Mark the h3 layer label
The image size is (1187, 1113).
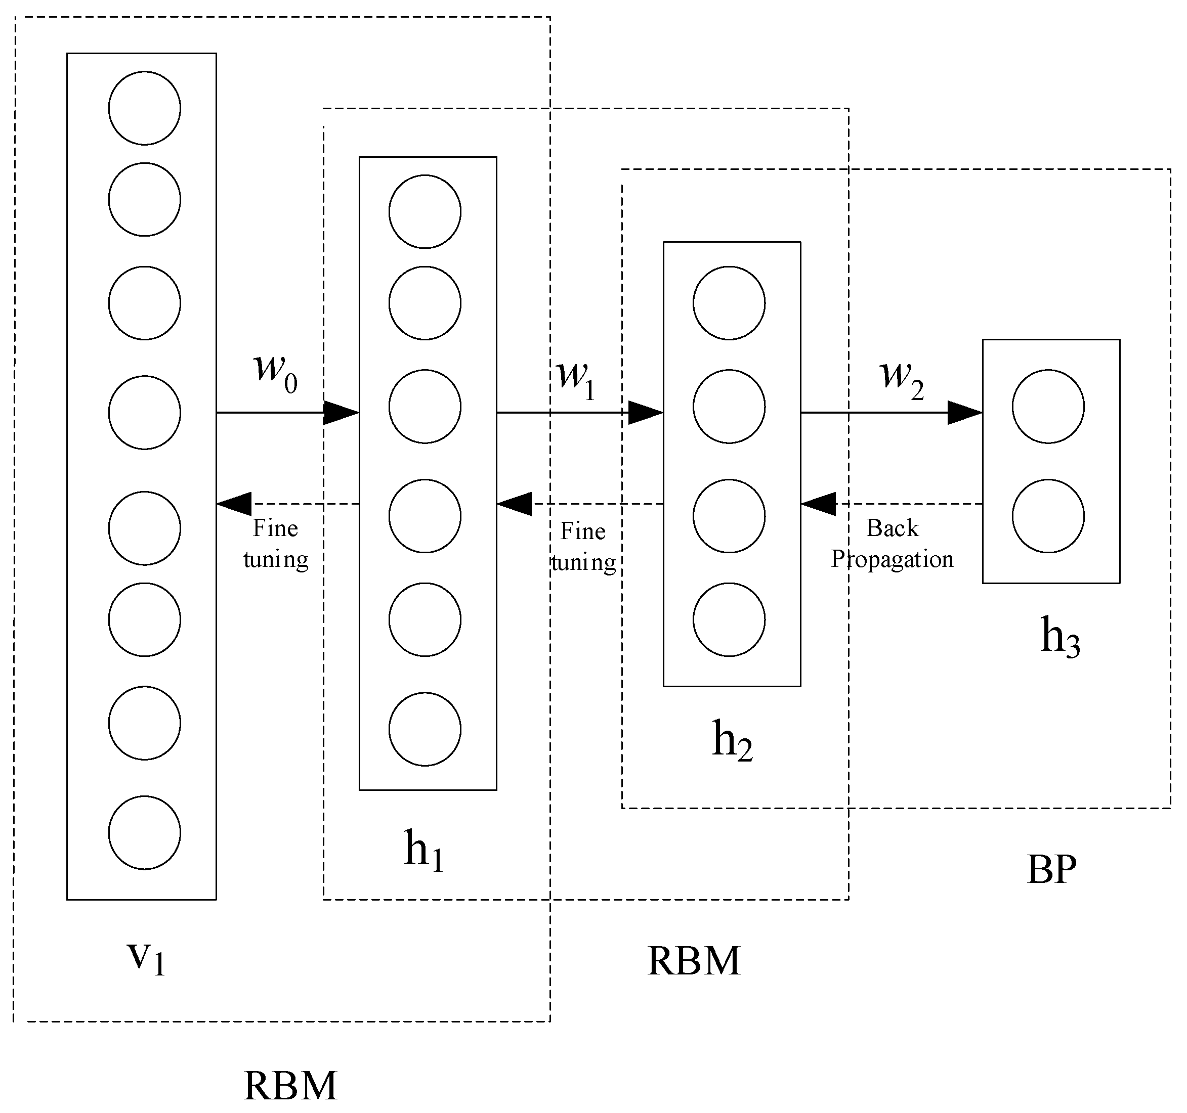[1061, 637]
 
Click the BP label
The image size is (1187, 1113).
[1052, 869]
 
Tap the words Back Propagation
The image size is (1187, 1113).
[892, 544]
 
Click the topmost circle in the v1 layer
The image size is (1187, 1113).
[145, 108]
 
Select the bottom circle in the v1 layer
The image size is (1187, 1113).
[145, 832]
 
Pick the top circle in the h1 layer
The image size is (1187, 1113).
[425, 211]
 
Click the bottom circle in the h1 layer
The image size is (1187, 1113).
[425, 729]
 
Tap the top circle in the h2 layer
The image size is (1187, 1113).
[729, 302]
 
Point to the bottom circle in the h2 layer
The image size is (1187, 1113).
[729, 619]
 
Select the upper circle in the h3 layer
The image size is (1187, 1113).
[1048, 407]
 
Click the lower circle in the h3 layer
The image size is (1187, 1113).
[1048, 516]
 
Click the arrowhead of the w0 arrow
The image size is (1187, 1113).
[342, 412]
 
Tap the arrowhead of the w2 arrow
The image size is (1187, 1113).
[965, 412]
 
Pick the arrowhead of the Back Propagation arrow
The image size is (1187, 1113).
[818, 504]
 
